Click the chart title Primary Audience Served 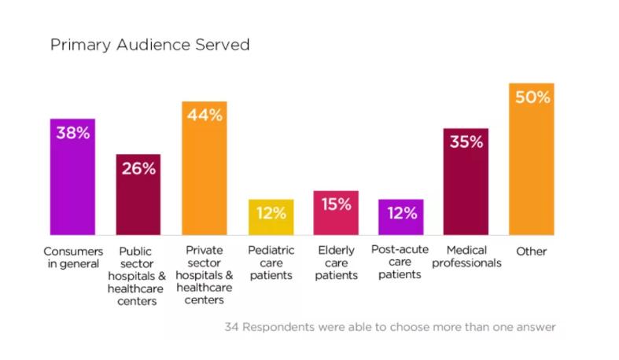(149, 45)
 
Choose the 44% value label (204, 115)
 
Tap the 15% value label (336, 204)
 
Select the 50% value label (532, 97)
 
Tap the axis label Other (532, 252)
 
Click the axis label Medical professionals (466, 257)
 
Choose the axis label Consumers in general (72, 257)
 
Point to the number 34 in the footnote (232, 325)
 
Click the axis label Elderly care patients (336, 263)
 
